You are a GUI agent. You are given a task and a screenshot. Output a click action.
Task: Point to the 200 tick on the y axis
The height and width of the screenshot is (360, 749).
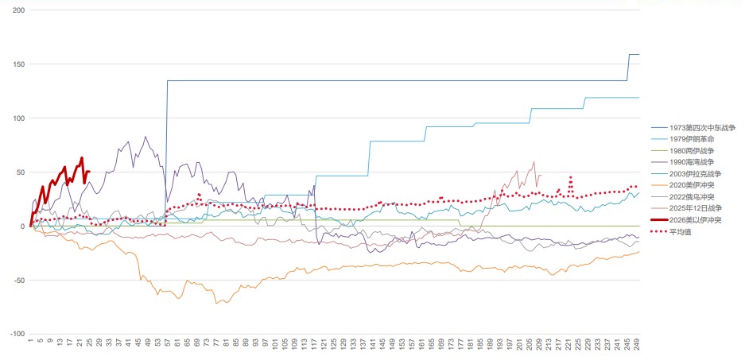pos(19,10)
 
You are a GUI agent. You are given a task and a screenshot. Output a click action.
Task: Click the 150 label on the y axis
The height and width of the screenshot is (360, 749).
pos(19,64)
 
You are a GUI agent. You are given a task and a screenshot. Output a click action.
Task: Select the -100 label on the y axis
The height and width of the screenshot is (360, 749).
pos(17,334)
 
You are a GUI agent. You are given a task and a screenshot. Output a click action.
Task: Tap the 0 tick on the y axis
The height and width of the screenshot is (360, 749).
pos(23,226)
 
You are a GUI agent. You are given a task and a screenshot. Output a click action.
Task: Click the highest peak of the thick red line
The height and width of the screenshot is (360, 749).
pos(82,157)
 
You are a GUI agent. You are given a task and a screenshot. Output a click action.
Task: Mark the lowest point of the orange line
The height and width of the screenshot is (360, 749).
pos(215,304)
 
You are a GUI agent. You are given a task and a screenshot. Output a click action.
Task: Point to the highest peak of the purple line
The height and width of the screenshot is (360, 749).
pos(145,136)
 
